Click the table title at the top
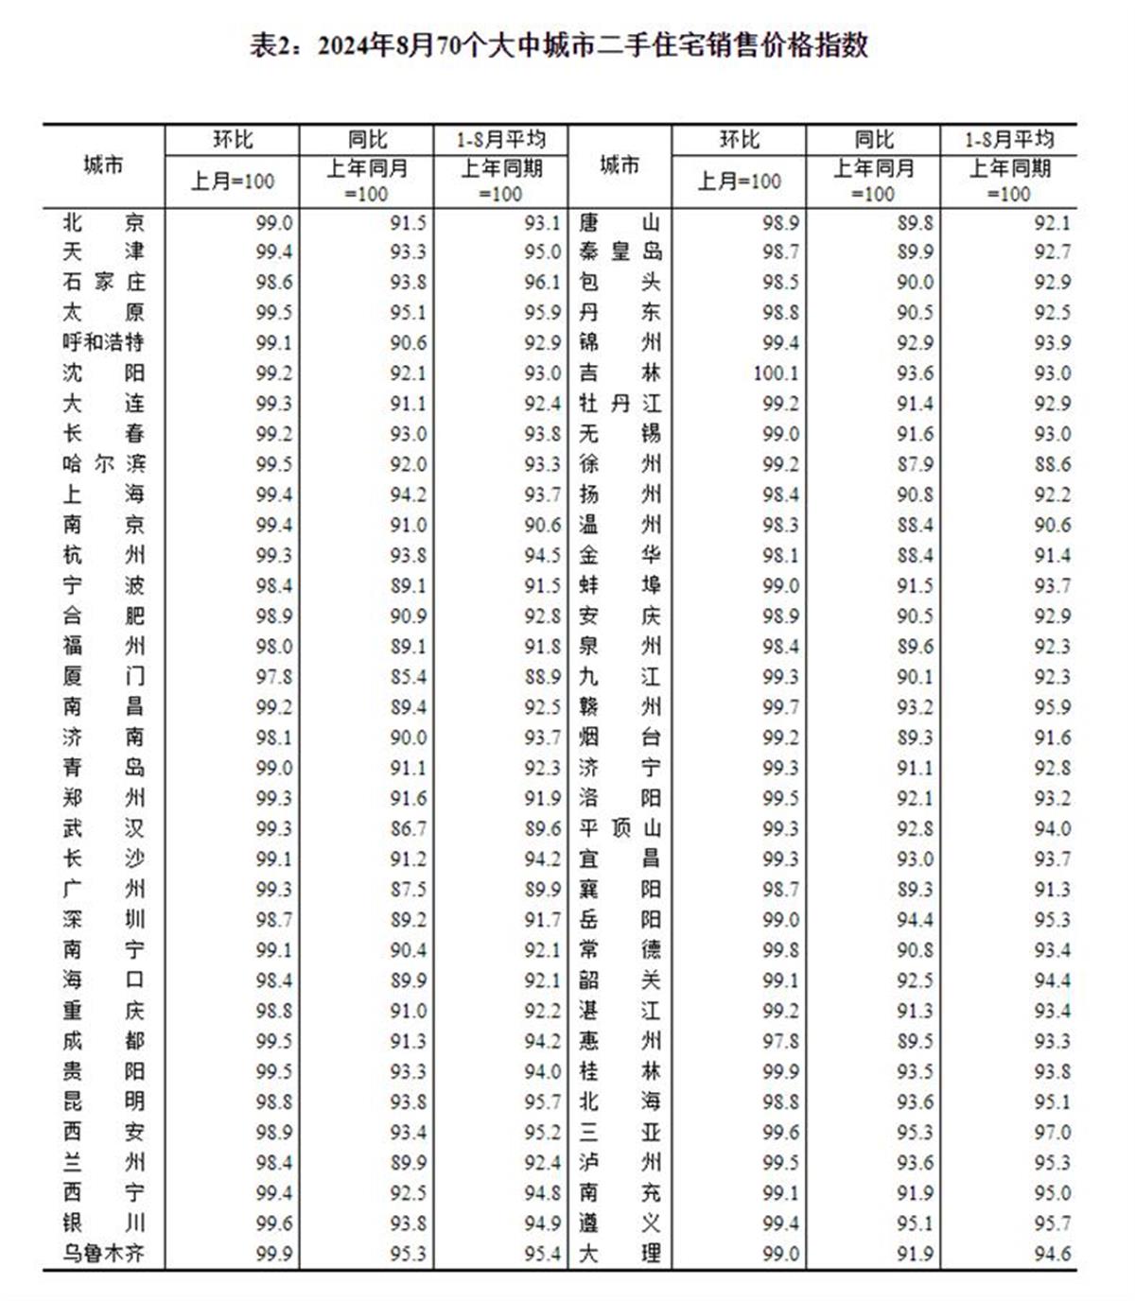pyautogui.click(x=559, y=45)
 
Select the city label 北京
pyautogui.click(x=104, y=223)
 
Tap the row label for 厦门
pyautogui.click(x=104, y=677)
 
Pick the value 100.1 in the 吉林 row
pyautogui.click(x=777, y=373)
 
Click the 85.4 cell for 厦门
pyautogui.click(x=409, y=677)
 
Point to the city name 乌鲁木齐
pyautogui.click(x=104, y=1254)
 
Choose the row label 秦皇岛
pyautogui.click(x=620, y=252)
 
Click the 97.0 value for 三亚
pyautogui.click(x=1053, y=1133)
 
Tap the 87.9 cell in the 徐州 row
pyautogui.click(x=916, y=464)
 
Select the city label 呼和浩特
pyautogui.click(x=104, y=342)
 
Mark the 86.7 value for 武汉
pyautogui.click(x=409, y=829)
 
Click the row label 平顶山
pyautogui.click(x=620, y=829)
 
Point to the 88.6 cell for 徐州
pyautogui.click(x=1053, y=464)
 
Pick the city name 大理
pyautogui.click(x=620, y=1254)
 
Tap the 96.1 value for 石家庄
pyautogui.click(x=543, y=283)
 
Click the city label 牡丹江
pyautogui.click(x=620, y=404)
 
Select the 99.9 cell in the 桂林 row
pyautogui.click(x=781, y=1072)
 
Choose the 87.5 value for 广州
pyautogui.click(x=409, y=890)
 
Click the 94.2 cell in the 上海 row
pyautogui.click(x=409, y=494)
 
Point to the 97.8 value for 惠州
pyautogui.click(x=781, y=1041)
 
